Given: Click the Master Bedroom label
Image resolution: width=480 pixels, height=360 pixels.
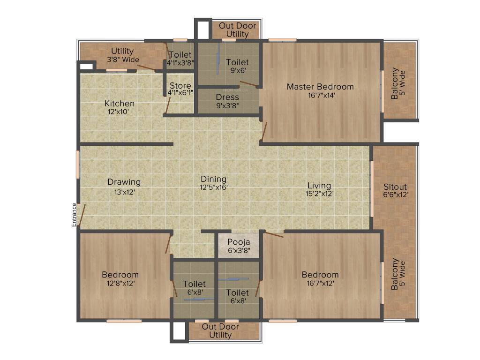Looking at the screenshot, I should (320, 87).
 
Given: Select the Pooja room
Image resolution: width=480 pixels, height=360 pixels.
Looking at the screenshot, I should (239, 246).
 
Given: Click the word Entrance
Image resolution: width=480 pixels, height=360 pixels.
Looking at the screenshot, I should (74, 215).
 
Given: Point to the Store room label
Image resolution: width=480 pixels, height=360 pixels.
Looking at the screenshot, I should (180, 86).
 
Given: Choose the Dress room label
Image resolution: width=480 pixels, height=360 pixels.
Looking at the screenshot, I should (227, 97).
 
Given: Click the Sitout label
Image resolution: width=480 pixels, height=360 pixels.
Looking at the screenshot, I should (395, 186).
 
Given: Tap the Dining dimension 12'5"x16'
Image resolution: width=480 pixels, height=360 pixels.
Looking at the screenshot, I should (214, 187).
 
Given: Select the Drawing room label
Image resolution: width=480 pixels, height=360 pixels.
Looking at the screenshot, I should (124, 182).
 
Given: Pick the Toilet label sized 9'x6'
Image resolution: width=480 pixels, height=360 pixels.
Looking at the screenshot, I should (237, 62).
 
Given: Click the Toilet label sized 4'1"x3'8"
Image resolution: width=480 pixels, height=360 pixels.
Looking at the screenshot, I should (180, 55).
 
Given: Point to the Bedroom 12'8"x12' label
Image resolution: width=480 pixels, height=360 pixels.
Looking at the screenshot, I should (120, 275).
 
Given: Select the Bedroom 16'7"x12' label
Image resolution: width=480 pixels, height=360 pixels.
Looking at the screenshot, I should (320, 275).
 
